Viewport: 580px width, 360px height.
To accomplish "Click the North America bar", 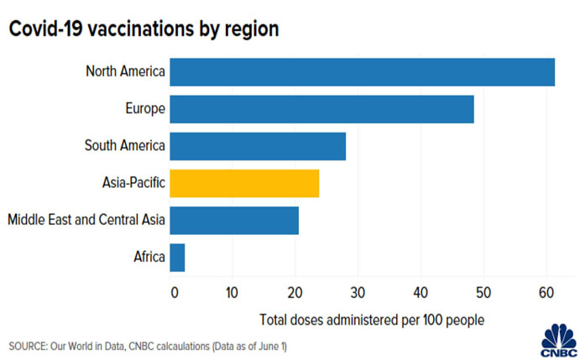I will pyautogui.click(x=362, y=72).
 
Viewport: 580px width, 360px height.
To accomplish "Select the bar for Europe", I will pyautogui.click(x=321, y=109).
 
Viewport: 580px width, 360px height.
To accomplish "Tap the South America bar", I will pyautogui.click(x=258, y=146).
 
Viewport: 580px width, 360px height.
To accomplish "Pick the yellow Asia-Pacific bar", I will pyautogui.click(x=244, y=182).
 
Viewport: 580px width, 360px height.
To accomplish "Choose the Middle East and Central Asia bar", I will pyautogui.click(x=234, y=220).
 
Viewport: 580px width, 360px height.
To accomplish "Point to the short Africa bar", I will pyautogui.click(x=177, y=257).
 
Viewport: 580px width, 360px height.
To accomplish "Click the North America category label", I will pyautogui.click(x=125, y=72).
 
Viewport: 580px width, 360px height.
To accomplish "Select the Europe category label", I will pyautogui.click(x=144, y=109).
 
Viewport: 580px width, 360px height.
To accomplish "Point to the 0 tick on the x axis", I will pyautogui.click(x=174, y=293).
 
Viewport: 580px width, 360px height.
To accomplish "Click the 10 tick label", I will pyautogui.click(x=232, y=293).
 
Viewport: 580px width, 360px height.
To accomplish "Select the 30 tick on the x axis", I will pyautogui.click(x=358, y=293).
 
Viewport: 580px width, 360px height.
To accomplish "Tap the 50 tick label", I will pyautogui.click(x=483, y=293).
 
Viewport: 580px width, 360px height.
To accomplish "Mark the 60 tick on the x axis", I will pyautogui.click(x=546, y=293).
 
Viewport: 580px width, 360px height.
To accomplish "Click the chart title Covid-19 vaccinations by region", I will pyautogui.click(x=144, y=29).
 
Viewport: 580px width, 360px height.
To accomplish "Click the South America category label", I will pyautogui.click(x=124, y=146).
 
